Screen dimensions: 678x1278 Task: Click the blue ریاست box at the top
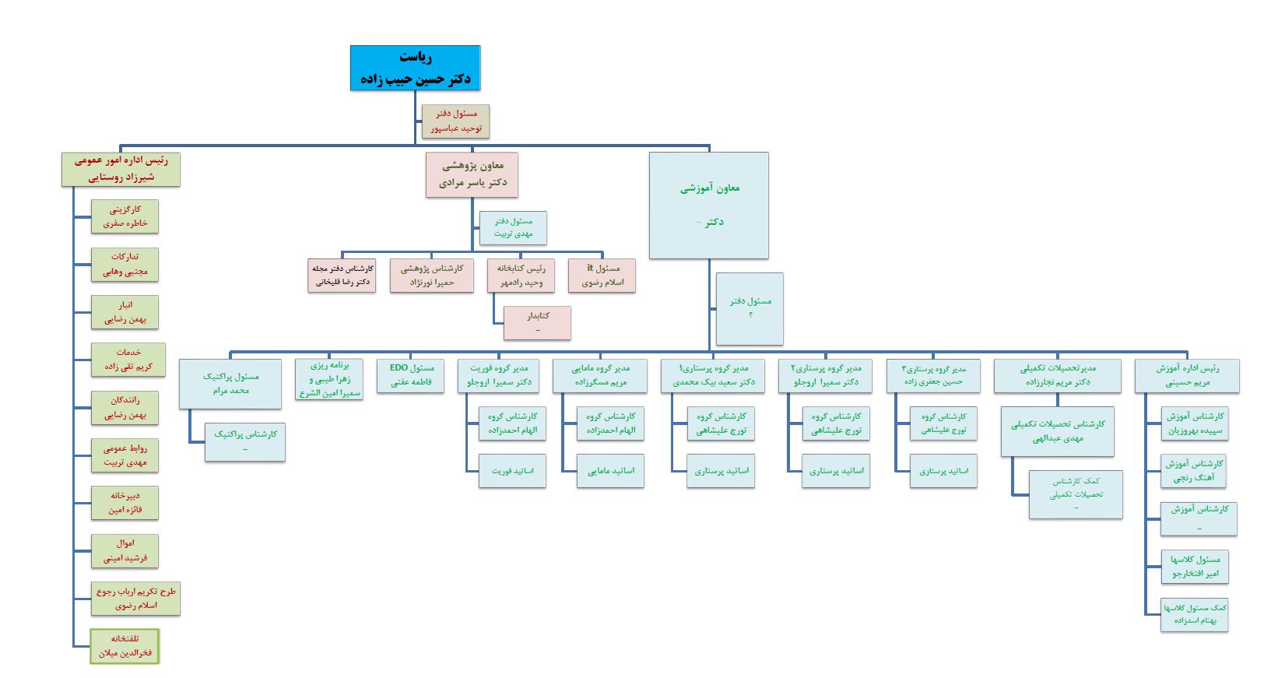[415, 68]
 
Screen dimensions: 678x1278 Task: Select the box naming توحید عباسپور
[456, 121]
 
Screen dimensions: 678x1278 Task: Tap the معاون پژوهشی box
[472, 174]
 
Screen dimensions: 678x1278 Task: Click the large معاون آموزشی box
[709, 205]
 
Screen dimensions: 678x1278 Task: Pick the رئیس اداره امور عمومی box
[121, 169]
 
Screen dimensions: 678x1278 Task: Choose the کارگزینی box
[125, 216]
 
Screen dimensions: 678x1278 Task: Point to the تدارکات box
[125, 264]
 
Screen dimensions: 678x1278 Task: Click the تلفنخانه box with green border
[125, 646]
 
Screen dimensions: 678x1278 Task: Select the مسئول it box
[602, 276]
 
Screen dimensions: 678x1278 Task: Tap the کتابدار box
[537, 323]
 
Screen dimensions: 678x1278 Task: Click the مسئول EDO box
[411, 375]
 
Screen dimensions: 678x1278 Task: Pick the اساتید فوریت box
[512, 471]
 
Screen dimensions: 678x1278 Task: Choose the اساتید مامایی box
[611, 471]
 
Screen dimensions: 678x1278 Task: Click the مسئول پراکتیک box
[230, 383]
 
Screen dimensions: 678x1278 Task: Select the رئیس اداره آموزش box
[1187, 375]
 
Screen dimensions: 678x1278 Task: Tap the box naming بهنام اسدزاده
[1195, 616]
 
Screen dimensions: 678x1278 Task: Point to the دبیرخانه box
[125, 503]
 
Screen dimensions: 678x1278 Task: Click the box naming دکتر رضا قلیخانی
[342, 276]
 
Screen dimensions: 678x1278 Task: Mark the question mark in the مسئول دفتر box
[750, 315]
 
